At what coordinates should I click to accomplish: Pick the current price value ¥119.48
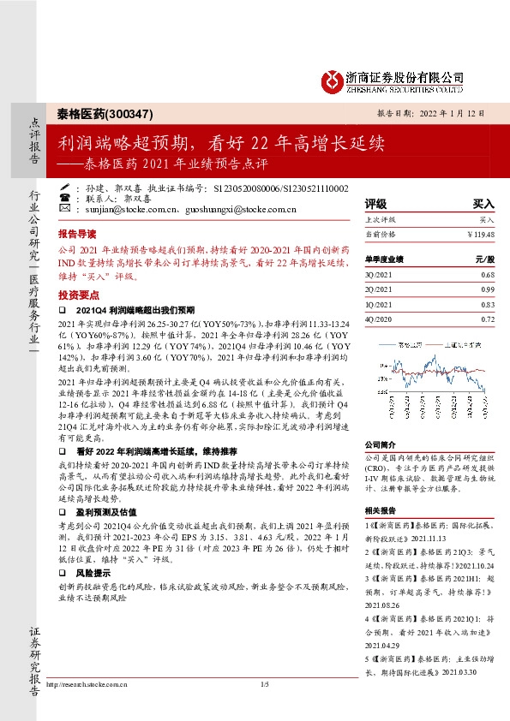tap(481, 234)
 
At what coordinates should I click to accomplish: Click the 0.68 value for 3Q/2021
tap(488, 274)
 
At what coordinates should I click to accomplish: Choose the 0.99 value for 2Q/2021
tap(488, 289)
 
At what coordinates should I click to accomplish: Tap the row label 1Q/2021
tap(378, 304)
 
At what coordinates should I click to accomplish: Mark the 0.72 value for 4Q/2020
tap(488, 319)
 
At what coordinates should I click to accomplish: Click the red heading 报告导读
tap(77, 234)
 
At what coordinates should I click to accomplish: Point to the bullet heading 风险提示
tap(93, 572)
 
